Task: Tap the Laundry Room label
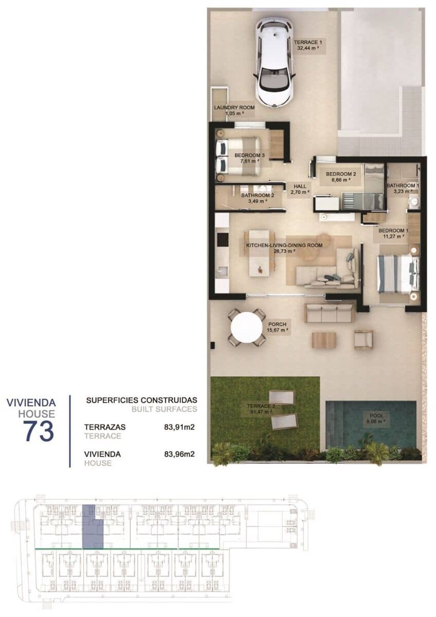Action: click(234, 107)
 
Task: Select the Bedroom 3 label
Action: click(249, 155)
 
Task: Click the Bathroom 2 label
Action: click(258, 195)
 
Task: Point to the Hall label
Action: click(300, 186)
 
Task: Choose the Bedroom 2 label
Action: click(338, 174)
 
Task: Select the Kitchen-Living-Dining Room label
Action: click(284, 246)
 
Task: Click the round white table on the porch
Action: click(247, 328)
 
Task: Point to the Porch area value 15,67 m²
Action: click(277, 331)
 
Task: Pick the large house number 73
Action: click(39, 431)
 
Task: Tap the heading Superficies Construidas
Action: click(141, 400)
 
